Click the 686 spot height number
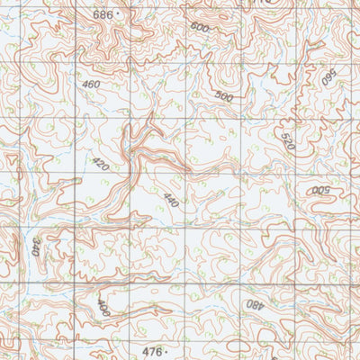(x=103, y=15)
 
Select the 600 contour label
(x=199, y=27)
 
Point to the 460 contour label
(x=90, y=85)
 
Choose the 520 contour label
(x=286, y=141)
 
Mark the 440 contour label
(x=170, y=201)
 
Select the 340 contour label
(x=35, y=245)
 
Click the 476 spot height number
(x=154, y=350)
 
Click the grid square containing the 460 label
(x=102, y=90)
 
